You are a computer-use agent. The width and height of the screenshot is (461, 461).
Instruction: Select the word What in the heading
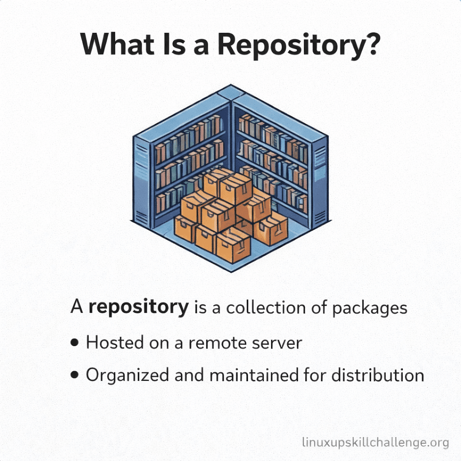(x=120, y=44)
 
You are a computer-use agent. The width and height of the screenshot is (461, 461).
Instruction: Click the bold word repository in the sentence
(x=138, y=307)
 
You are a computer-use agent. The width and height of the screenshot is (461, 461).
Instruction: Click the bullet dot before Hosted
(x=75, y=344)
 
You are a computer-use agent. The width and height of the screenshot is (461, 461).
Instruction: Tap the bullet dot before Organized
(x=75, y=376)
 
